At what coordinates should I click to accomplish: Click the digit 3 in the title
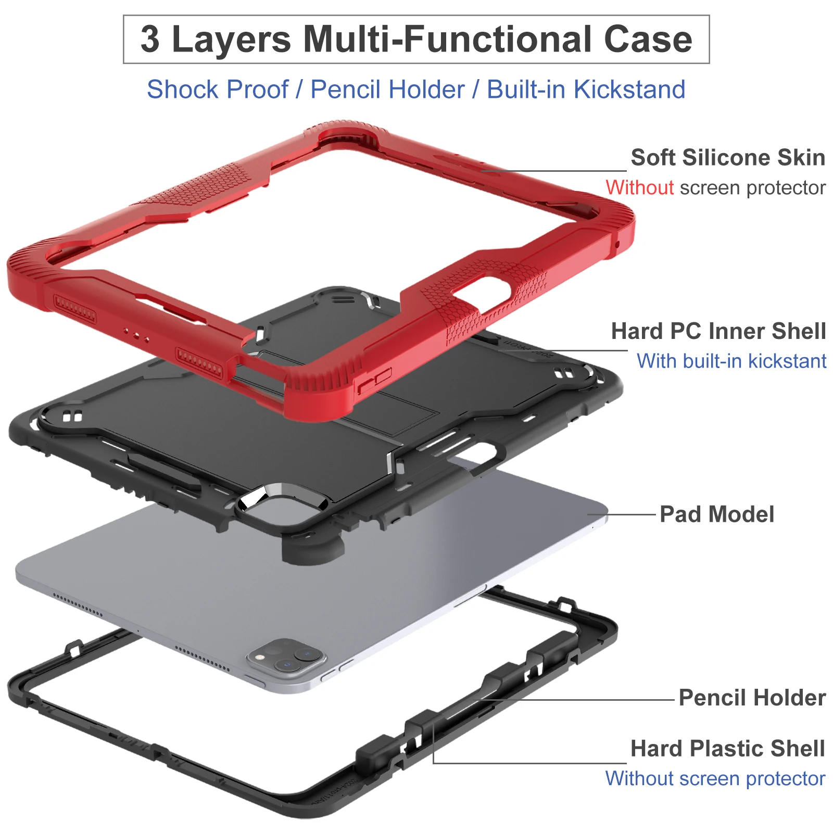(150, 40)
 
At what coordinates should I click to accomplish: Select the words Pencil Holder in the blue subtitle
(387, 90)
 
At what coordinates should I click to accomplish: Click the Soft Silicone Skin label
(727, 157)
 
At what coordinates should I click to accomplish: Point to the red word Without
(639, 187)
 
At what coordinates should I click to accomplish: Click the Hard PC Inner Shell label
(718, 331)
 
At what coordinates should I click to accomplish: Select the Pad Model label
(716, 514)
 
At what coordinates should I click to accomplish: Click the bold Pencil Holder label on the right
(752, 698)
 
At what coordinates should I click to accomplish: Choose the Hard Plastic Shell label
(727, 749)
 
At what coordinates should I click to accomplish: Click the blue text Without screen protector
(715, 779)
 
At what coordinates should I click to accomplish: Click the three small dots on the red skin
(135, 334)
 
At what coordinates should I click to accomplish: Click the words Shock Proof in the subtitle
(217, 90)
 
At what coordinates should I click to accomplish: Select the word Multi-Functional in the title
(448, 40)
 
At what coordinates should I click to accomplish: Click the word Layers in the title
(231, 40)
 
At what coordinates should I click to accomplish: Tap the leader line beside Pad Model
(622, 515)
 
